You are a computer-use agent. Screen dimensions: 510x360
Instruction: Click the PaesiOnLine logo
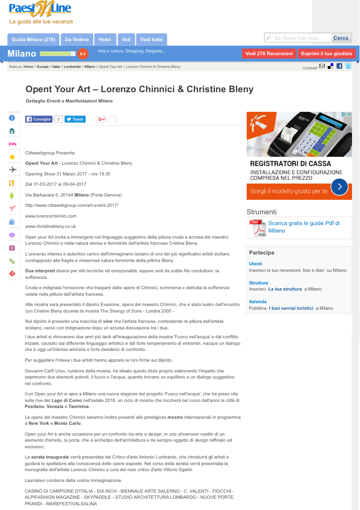(40, 9)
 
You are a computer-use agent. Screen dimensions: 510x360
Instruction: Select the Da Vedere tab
(77, 40)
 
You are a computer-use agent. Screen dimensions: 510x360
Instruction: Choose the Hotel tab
(105, 40)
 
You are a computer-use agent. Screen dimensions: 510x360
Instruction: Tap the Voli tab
(126, 40)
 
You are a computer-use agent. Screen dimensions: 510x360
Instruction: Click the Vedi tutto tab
(151, 40)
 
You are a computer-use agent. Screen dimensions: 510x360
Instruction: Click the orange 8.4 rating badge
(83, 54)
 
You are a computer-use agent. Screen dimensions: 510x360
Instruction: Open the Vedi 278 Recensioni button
(269, 54)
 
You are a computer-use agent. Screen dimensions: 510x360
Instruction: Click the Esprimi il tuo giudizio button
(326, 54)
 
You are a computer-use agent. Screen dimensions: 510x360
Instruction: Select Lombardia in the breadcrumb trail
(72, 67)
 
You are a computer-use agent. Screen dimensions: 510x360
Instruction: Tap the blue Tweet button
(75, 119)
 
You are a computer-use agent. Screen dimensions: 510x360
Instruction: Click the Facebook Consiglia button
(39, 119)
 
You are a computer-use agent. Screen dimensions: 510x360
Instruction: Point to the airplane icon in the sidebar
(12, 170)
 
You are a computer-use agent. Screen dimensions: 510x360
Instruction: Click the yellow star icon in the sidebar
(12, 157)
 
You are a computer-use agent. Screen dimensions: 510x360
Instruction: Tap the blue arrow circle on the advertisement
(339, 187)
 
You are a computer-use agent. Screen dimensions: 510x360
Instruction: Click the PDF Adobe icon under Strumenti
(257, 228)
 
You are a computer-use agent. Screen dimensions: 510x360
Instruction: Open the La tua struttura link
(285, 289)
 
